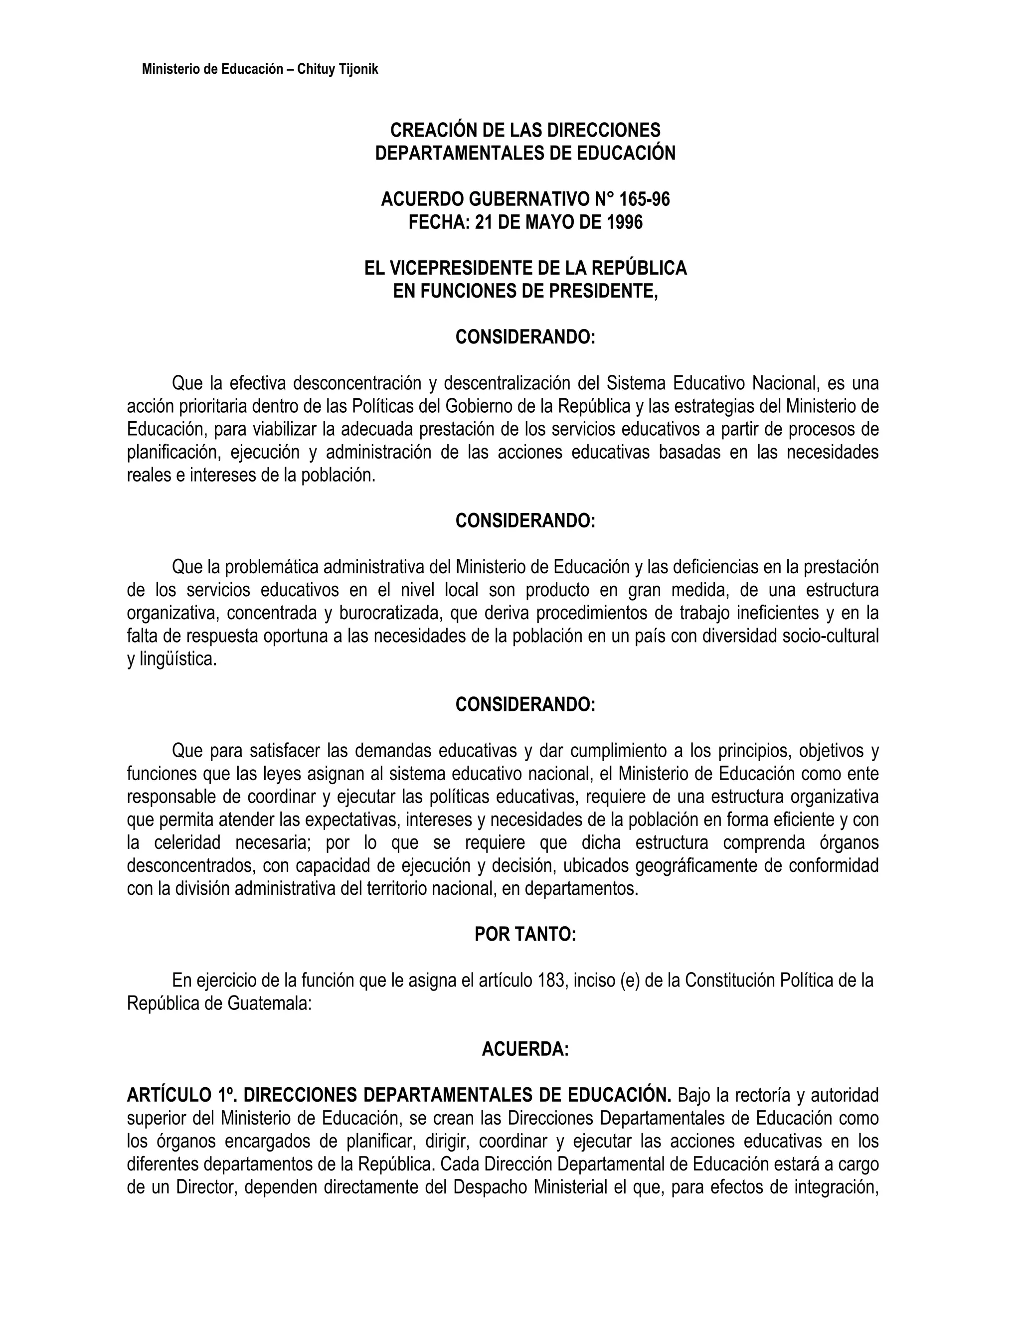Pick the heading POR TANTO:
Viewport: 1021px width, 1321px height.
525,935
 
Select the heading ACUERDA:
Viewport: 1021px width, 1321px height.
525,1049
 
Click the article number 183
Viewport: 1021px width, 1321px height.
551,981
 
